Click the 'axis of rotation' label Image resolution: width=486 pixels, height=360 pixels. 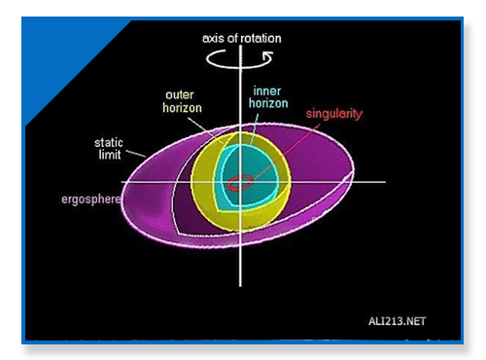[x=242, y=38]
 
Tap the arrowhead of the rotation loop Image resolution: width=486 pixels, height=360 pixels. [x=268, y=57]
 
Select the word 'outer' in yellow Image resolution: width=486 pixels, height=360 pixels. [x=180, y=94]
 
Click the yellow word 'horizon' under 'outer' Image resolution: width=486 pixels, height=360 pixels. [x=182, y=108]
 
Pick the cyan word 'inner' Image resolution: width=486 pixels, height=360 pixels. [x=267, y=90]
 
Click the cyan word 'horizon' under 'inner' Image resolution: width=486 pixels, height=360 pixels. [x=268, y=103]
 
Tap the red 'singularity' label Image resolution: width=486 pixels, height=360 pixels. [x=334, y=114]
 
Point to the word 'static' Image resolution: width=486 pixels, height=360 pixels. [x=109, y=143]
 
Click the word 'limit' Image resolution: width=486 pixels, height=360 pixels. [x=110, y=155]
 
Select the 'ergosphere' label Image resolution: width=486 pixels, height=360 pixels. [x=91, y=199]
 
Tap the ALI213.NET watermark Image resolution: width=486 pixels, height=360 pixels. [x=397, y=321]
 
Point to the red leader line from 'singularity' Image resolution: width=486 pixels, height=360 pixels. [x=287, y=151]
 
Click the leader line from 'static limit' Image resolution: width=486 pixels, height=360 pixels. [x=136, y=154]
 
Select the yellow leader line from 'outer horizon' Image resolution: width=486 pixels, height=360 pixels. [x=206, y=130]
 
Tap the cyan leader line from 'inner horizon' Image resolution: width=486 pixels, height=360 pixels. [x=254, y=129]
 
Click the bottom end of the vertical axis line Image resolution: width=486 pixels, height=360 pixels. [x=240, y=286]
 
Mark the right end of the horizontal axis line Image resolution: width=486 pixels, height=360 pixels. [x=385, y=182]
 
